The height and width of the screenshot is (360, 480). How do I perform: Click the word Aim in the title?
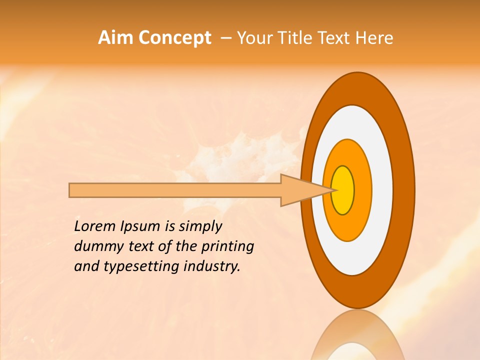[x=115, y=37]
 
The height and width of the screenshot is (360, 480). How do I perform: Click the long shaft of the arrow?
[x=175, y=190]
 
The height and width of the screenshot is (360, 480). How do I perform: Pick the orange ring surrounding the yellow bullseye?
[x=362, y=190]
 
